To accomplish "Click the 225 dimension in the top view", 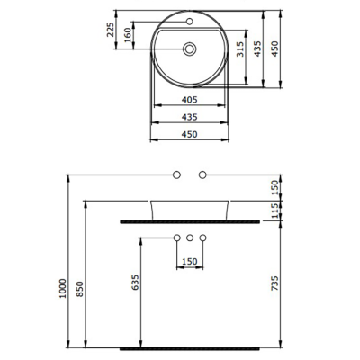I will tap(110, 32).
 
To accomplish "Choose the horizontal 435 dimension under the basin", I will tap(189, 118).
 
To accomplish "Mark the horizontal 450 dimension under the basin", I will tap(189, 134).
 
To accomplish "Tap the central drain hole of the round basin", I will tap(190, 49).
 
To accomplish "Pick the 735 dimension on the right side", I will tap(276, 283).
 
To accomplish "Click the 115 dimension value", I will tap(276, 210).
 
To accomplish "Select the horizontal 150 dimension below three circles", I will tap(190, 261).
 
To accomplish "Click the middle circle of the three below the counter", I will tap(190, 238).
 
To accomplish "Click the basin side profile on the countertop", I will tap(190, 208).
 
